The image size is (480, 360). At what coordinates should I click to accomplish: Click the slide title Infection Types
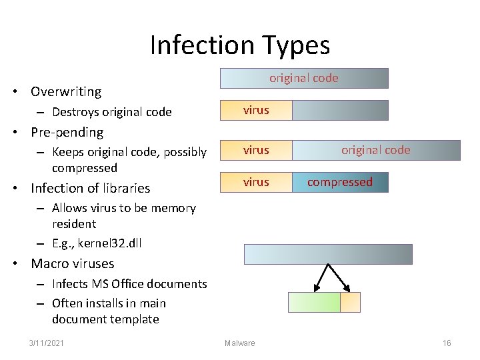click(x=240, y=45)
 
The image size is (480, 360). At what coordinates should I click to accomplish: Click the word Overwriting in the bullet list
click(x=66, y=92)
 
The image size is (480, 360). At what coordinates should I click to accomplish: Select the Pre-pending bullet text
click(x=67, y=132)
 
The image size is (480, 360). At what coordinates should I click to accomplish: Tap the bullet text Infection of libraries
click(x=90, y=188)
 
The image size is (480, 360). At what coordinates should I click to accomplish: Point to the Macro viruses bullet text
click(x=72, y=263)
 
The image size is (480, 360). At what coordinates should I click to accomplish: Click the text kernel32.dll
click(x=109, y=243)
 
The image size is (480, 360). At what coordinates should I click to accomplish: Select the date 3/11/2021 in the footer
click(x=47, y=343)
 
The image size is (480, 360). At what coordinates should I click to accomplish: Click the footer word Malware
click(x=239, y=343)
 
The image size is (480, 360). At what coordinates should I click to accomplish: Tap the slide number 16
click(x=447, y=343)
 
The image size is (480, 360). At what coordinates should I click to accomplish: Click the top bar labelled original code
click(x=304, y=79)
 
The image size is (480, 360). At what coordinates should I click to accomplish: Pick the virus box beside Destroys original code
click(x=256, y=110)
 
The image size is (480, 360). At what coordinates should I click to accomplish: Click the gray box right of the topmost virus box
click(x=340, y=110)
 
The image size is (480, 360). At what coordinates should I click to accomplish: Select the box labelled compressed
click(x=340, y=182)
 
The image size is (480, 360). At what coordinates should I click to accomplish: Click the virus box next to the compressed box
click(x=256, y=182)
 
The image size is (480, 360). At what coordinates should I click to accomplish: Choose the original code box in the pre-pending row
click(x=376, y=150)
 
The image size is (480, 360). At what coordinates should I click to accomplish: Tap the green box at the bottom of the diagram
click(x=314, y=302)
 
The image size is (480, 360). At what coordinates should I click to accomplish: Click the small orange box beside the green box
click(x=350, y=302)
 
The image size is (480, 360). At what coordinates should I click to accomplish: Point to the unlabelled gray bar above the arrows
click(x=328, y=254)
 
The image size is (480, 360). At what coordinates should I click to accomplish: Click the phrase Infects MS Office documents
click(x=129, y=284)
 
